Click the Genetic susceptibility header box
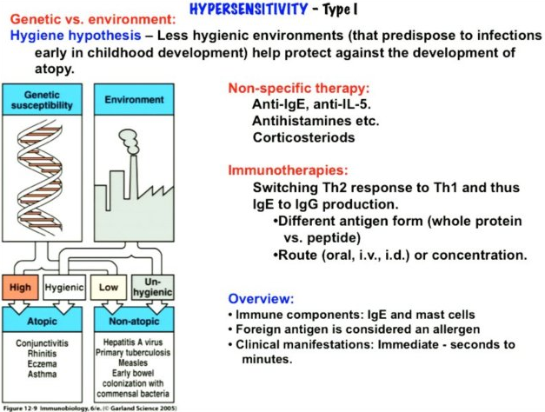(x=43, y=100)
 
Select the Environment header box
(x=134, y=100)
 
